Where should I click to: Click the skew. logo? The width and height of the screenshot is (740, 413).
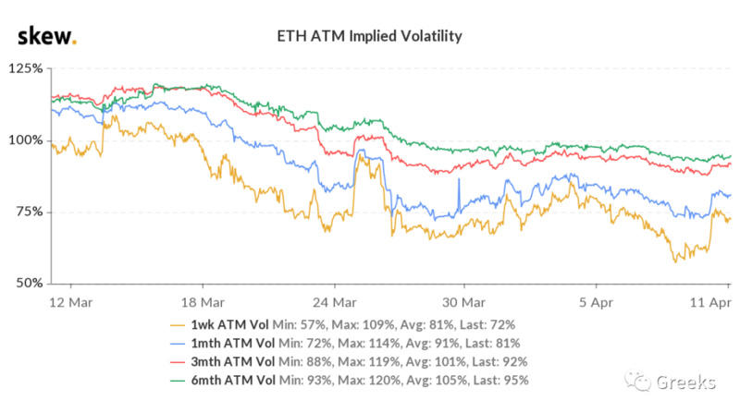click(47, 36)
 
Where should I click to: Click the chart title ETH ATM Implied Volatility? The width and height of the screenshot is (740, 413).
click(370, 37)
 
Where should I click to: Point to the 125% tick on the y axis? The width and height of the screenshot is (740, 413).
click(25, 69)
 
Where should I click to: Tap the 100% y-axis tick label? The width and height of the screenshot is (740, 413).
click(25, 140)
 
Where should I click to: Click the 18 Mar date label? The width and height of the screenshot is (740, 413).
click(202, 301)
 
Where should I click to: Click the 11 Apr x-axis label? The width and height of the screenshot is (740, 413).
click(707, 301)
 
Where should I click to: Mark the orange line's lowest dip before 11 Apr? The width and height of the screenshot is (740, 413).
click(676, 261)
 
